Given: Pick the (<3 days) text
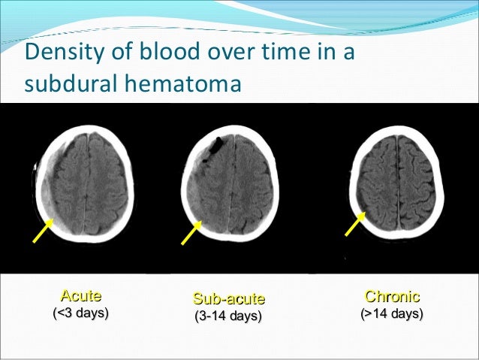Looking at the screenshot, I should click(x=80, y=313).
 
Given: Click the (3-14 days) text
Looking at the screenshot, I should click(x=228, y=316).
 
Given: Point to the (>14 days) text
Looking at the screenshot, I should click(x=391, y=313).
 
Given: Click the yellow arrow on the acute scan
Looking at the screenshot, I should click(x=42, y=231).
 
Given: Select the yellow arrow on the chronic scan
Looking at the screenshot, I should click(x=354, y=225).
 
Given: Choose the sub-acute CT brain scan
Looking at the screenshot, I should click(x=232, y=185).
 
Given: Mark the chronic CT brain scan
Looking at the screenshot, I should click(x=397, y=185).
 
